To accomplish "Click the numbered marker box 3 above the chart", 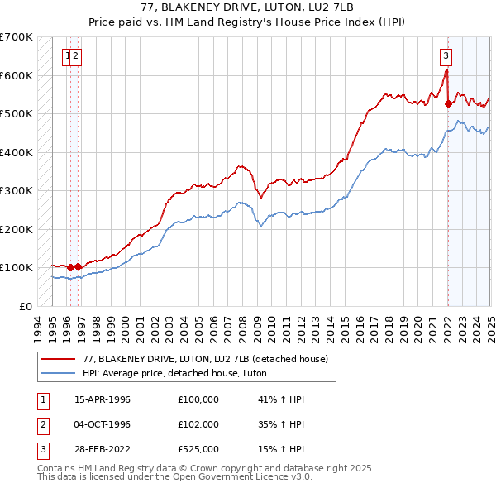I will (x=446, y=56).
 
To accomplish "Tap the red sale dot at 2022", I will (x=448, y=104).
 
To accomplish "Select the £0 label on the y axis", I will (x=26, y=306).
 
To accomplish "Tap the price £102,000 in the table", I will (x=198, y=423).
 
